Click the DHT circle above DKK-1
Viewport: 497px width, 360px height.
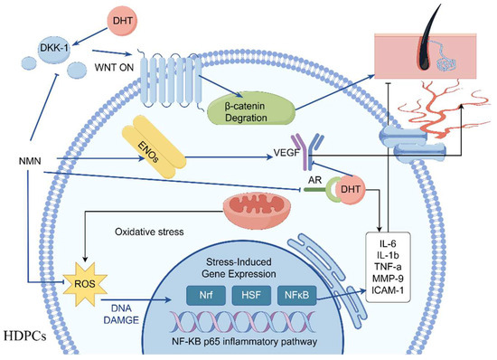point(122,21)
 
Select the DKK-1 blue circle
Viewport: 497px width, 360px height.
point(54,48)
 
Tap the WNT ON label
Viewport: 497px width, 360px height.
point(114,68)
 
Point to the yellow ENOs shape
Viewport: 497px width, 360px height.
point(154,147)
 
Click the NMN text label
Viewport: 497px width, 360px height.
point(30,161)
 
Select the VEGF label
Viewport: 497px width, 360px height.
point(286,153)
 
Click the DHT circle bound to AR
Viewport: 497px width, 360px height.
point(351,189)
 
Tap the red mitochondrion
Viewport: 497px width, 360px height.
point(257,209)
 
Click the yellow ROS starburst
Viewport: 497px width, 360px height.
point(85,283)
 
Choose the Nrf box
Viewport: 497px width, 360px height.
point(206,296)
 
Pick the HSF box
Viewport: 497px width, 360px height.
point(251,296)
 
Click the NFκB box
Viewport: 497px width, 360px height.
point(296,296)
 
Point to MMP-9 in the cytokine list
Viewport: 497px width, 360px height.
point(388,279)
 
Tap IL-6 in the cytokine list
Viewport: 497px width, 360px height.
point(388,243)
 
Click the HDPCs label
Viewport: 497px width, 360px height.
point(25,336)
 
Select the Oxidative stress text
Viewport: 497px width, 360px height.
point(149,232)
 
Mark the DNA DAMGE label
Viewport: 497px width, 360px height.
point(121,315)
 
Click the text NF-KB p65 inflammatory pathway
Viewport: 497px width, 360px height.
point(244,342)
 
